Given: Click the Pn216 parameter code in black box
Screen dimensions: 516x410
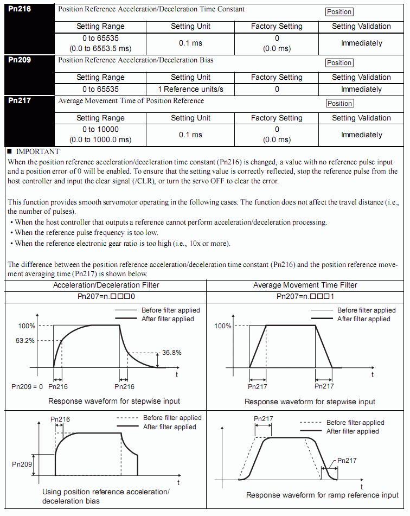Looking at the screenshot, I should click(x=20, y=9).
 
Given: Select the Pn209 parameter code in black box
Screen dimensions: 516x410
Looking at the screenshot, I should click(x=20, y=60).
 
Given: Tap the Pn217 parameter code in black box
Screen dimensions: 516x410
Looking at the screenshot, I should click(x=20, y=100).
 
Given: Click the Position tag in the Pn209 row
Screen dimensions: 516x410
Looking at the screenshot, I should click(x=339, y=63).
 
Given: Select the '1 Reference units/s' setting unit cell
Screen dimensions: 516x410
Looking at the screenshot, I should click(x=190, y=89).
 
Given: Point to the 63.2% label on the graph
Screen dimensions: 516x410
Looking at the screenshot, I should click(x=25, y=341).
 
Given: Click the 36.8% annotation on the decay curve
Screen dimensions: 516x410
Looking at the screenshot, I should click(x=171, y=352).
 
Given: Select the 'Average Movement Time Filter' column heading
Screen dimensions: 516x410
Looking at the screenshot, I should click(x=305, y=285).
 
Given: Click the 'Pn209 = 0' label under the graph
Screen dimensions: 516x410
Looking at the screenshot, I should click(x=27, y=386).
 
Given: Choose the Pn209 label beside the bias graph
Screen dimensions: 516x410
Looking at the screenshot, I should click(x=22, y=464).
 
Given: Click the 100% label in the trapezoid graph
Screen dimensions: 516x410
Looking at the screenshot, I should click(x=222, y=326).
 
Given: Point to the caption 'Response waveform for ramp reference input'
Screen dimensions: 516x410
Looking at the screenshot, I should click(x=322, y=495).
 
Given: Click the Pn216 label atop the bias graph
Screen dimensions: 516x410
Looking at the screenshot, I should click(x=60, y=419).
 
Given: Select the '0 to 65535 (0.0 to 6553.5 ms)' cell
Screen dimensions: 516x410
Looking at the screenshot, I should click(x=100, y=43).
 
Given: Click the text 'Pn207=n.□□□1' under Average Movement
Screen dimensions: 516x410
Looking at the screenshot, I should click(x=305, y=297).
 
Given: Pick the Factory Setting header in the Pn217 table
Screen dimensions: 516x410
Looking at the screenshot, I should click(x=277, y=118).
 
